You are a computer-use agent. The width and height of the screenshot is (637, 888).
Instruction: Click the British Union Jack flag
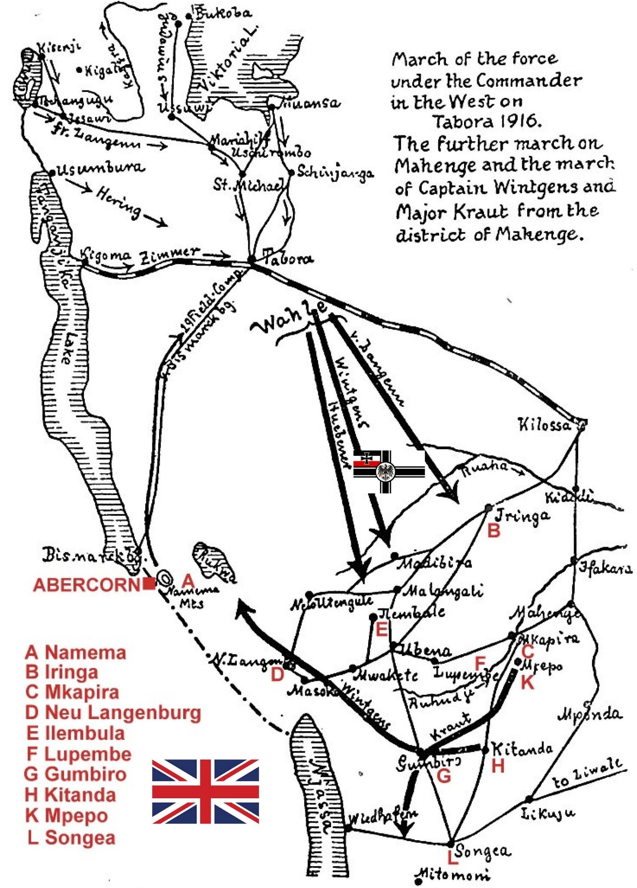(205, 791)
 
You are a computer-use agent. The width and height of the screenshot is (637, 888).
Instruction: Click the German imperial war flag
(389, 471)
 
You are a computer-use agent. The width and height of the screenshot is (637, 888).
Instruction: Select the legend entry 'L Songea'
(71, 837)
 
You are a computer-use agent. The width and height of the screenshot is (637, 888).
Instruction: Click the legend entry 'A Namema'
(76, 652)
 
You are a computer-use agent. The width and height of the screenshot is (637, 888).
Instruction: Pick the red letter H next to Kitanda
(498, 766)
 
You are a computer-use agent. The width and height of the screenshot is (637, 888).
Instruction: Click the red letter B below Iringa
(494, 530)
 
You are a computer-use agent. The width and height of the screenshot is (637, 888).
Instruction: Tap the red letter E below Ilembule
(381, 630)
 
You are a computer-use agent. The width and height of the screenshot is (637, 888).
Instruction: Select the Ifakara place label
(605, 568)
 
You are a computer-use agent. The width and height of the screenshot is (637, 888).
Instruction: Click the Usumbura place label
(101, 168)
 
